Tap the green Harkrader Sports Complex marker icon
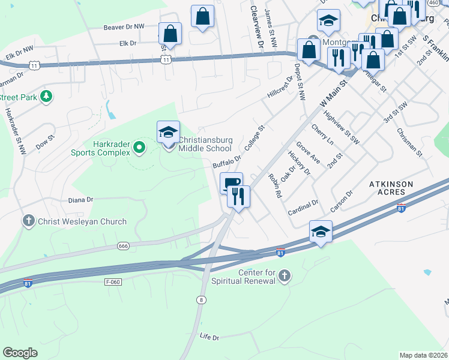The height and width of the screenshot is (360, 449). pyautogui.click(x=139, y=146)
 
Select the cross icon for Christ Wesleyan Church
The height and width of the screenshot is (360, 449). pyautogui.click(x=28, y=221)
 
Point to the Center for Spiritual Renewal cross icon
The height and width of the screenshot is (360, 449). pyautogui.click(x=285, y=276)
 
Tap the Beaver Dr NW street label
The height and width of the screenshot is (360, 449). pyautogui.click(x=124, y=27)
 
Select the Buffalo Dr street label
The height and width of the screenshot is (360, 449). pyautogui.click(x=226, y=162)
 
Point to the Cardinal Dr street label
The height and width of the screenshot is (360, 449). pyautogui.click(x=303, y=207)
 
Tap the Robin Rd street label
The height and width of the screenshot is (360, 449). pyautogui.click(x=275, y=185)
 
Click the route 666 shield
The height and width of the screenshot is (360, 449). pyautogui.click(x=124, y=245)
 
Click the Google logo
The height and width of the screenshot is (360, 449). pyautogui.click(x=20, y=353)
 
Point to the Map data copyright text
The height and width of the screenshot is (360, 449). pyautogui.click(x=423, y=355)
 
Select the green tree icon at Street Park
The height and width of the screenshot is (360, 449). pyautogui.click(x=46, y=97)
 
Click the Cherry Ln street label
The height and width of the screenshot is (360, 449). pyautogui.click(x=322, y=135)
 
